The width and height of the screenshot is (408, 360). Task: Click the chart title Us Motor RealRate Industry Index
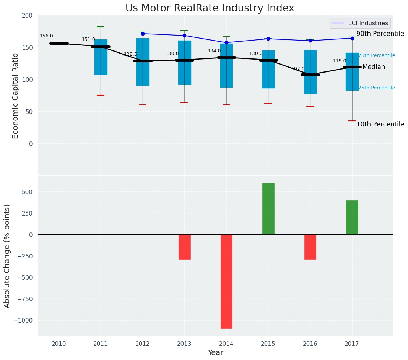(210, 8)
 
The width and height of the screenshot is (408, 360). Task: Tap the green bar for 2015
(268, 209)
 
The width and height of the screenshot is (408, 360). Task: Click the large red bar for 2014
(226, 281)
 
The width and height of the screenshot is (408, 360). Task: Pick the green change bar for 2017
(352, 217)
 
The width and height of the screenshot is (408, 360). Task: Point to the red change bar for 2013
(184, 247)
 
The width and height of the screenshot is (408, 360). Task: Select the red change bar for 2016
(310, 247)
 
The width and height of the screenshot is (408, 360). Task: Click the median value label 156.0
(46, 36)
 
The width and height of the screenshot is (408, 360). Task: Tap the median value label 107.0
(298, 69)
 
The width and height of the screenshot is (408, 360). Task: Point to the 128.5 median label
(130, 54)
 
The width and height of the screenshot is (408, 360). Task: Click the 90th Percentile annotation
(380, 34)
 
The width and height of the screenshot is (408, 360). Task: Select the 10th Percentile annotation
(380, 124)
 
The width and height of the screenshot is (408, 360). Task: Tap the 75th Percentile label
(377, 55)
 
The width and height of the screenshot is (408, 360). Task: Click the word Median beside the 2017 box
(374, 67)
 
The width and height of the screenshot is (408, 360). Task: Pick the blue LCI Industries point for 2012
(143, 34)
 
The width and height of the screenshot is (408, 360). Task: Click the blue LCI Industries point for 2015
(268, 39)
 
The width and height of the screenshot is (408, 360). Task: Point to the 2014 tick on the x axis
(226, 344)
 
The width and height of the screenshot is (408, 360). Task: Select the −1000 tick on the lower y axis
(24, 320)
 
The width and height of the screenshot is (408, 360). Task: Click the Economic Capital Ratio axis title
(16, 96)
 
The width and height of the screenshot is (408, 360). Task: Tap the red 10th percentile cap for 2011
(101, 95)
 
